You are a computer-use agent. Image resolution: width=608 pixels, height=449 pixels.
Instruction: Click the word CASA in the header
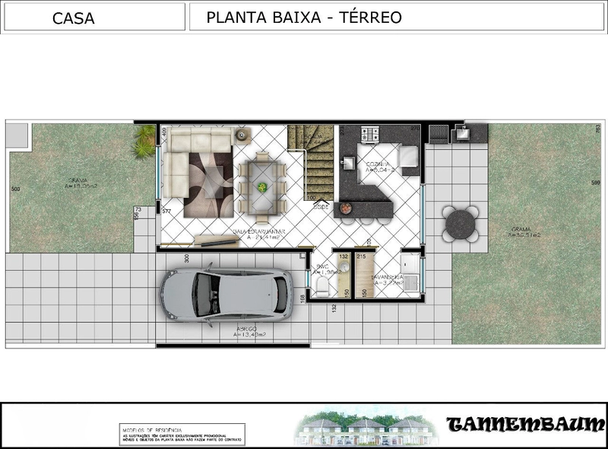click(x=74, y=19)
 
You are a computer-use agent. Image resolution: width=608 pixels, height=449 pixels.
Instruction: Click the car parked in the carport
click(x=226, y=293)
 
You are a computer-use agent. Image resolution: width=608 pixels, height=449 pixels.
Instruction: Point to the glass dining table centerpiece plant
click(x=262, y=186)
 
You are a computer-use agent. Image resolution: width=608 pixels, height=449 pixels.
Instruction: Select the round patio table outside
click(x=461, y=223)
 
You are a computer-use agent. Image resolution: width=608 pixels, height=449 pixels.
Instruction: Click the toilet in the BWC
click(x=321, y=285)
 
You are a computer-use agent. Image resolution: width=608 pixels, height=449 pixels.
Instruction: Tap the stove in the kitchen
click(x=370, y=134)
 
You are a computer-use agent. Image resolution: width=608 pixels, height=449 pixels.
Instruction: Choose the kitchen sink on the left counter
click(x=350, y=164)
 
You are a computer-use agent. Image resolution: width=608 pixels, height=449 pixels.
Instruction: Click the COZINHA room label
click(x=378, y=164)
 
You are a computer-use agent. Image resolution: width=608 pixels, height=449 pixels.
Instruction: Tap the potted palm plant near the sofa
click(x=144, y=142)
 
